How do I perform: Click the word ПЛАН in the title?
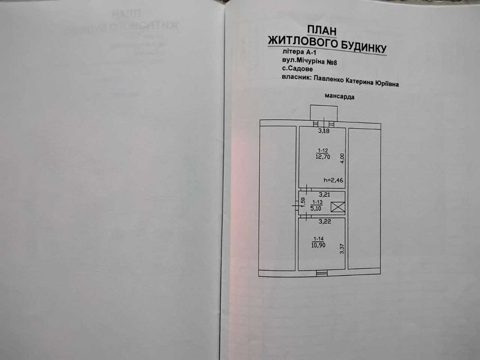(320, 29)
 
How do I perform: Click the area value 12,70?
(322, 157)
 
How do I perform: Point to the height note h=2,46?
(333, 181)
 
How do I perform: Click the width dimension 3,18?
(323, 131)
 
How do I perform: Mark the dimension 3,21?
(324, 194)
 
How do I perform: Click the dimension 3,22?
(323, 222)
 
